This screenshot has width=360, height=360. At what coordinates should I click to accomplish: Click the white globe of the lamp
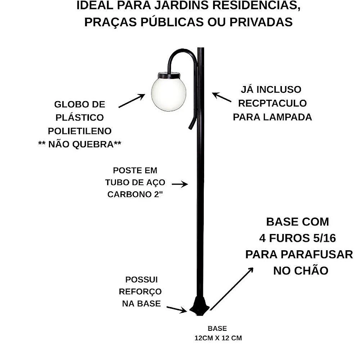(x=169, y=94)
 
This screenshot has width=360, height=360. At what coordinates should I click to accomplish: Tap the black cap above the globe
(x=169, y=75)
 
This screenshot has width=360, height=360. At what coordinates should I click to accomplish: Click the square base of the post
(x=199, y=306)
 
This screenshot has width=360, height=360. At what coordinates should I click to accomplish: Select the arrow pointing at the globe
(x=132, y=100)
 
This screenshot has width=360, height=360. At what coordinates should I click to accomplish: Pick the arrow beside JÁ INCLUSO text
(x=221, y=97)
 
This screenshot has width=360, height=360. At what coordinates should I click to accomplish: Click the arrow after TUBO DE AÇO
(x=180, y=184)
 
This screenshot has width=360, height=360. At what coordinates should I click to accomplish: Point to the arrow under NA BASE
(x=177, y=310)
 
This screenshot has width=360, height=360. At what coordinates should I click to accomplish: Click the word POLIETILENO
(x=80, y=131)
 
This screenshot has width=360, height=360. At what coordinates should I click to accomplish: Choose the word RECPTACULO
(x=273, y=103)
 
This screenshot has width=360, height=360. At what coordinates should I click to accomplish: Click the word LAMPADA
(x=287, y=117)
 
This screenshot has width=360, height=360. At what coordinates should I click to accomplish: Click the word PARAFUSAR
(x=317, y=255)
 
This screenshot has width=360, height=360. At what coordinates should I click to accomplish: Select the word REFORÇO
(x=140, y=292)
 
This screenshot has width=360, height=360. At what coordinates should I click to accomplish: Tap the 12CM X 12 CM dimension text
(x=218, y=338)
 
